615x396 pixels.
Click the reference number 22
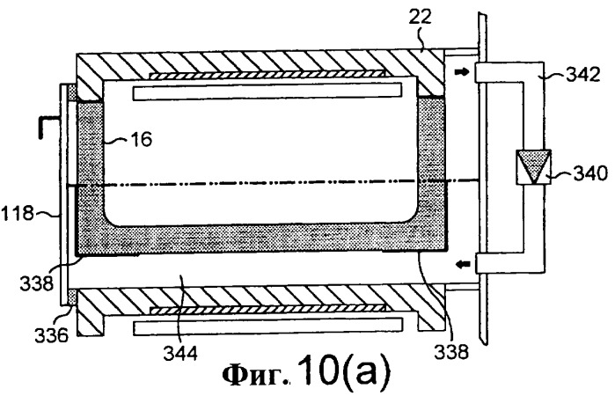click(420, 17)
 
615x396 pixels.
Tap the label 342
click(582, 74)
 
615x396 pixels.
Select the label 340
click(590, 173)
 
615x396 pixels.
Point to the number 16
click(141, 139)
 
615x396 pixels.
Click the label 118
click(18, 214)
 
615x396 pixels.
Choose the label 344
click(180, 354)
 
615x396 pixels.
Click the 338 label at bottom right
click(451, 351)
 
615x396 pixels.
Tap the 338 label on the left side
click(36, 283)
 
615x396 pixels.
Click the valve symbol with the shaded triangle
click(533, 166)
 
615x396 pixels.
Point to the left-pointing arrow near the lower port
click(463, 265)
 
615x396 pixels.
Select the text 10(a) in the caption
click(344, 370)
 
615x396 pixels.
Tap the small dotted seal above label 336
click(72, 296)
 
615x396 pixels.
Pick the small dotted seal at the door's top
click(72, 92)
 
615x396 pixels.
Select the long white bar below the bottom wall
click(268, 327)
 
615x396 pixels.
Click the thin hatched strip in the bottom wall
click(267, 310)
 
